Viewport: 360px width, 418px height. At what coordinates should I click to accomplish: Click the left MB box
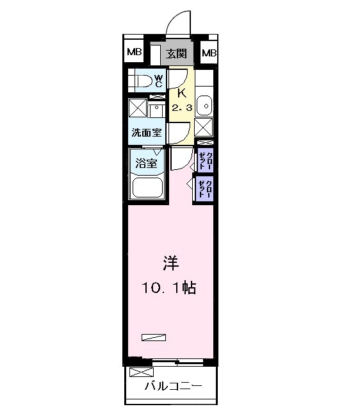click(133, 53)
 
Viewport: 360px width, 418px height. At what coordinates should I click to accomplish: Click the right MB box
click(209, 53)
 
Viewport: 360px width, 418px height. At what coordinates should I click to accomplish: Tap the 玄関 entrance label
click(176, 53)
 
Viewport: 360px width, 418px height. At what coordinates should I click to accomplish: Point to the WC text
click(160, 81)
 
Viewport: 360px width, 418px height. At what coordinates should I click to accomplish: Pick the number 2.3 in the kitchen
click(181, 108)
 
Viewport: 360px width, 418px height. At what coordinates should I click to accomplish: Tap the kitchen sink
click(204, 103)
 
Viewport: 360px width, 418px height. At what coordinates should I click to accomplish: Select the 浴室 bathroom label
click(146, 163)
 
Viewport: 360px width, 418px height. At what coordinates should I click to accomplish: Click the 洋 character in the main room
click(169, 263)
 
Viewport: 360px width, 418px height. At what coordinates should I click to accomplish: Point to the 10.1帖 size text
click(169, 288)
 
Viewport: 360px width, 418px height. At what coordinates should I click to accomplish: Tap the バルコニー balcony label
click(173, 386)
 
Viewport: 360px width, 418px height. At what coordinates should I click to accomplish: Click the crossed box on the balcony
click(141, 372)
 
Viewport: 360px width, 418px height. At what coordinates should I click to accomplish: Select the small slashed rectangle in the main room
click(154, 337)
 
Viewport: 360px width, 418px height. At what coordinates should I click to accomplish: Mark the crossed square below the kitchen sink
click(204, 126)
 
